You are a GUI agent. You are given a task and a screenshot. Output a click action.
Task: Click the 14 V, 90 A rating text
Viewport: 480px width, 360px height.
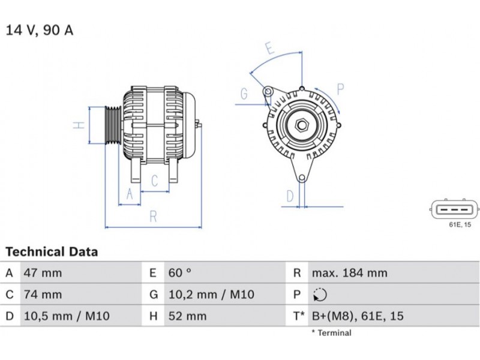[40, 31]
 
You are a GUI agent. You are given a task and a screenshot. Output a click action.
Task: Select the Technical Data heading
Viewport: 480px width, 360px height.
[52, 251]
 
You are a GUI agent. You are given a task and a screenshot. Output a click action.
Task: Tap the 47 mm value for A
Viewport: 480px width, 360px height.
[43, 273]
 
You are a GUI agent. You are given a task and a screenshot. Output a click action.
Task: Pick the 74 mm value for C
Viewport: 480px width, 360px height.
[43, 295]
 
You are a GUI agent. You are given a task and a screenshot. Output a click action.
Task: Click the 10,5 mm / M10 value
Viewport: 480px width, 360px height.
[67, 316]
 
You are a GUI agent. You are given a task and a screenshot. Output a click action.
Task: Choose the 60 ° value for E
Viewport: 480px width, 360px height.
[180, 273]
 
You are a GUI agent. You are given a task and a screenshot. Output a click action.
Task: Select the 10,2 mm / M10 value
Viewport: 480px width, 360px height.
[212, 295]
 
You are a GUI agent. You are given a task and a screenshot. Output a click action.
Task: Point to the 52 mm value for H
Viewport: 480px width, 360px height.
[188, 316]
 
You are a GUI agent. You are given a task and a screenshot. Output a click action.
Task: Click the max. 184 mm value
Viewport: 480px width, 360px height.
[350, 273]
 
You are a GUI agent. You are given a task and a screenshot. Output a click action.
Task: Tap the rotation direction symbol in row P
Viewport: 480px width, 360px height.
[320, 295]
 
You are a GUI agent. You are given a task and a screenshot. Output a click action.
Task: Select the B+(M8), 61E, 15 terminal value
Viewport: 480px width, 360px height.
[358, 316]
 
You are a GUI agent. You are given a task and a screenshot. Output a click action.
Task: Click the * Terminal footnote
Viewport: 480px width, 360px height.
[332, 333]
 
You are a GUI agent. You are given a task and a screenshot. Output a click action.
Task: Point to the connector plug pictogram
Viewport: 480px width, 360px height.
[454, 210]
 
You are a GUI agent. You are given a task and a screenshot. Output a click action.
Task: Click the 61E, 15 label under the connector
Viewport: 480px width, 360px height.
[460, 224]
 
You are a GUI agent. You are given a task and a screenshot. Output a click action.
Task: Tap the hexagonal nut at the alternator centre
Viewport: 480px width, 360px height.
[302, 125]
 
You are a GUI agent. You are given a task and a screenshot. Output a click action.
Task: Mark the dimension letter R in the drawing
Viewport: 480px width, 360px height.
[154, 217]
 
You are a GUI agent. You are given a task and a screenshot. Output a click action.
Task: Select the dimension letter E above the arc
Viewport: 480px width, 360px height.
[269, 49]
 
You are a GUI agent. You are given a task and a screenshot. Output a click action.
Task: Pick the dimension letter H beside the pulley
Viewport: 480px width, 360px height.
[79, 125]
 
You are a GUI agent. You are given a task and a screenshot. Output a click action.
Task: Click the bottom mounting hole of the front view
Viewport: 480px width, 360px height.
[302, 178]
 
